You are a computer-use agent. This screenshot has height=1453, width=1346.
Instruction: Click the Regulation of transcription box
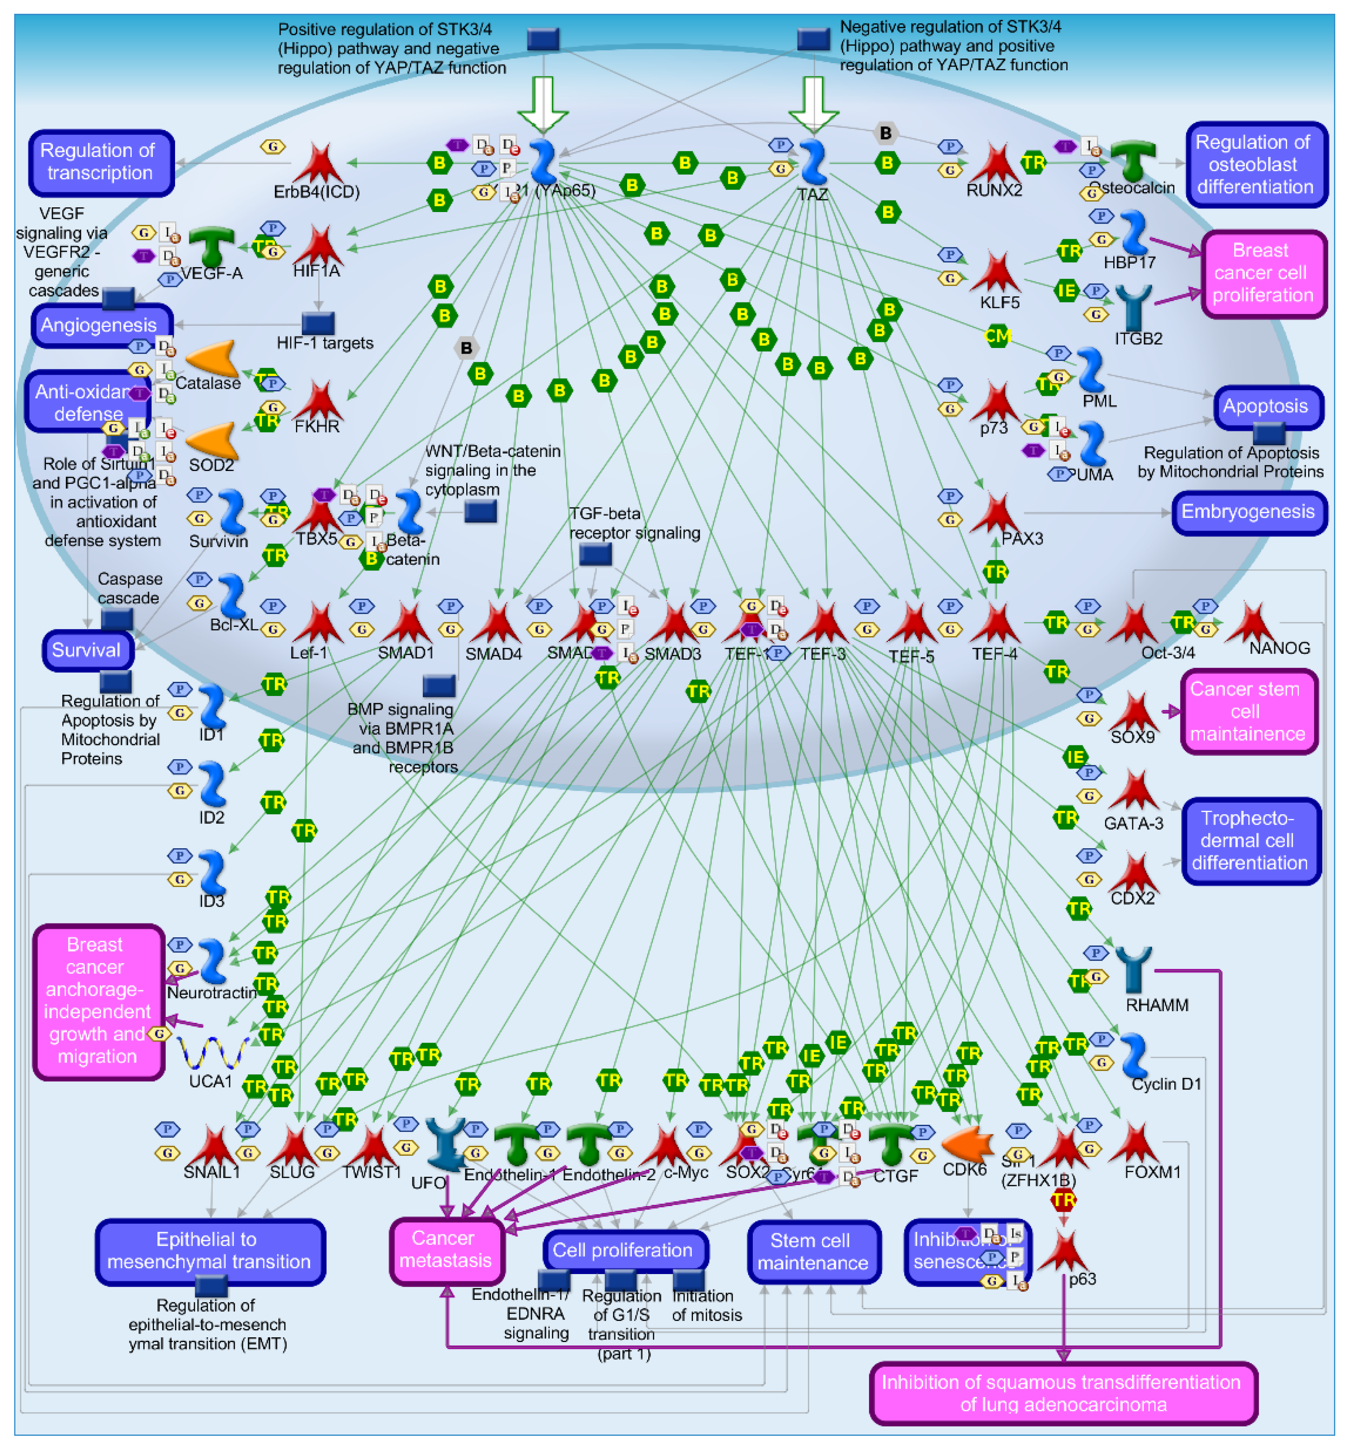[x=101, y=163]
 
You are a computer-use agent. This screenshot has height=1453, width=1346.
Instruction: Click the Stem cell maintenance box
[x=813, y=1252]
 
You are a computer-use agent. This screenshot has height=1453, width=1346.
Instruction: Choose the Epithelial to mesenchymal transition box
[x=210, y=1251]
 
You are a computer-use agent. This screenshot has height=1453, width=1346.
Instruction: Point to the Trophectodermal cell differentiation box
[x=1250, y=841]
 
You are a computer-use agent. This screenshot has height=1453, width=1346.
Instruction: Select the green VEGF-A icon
[x=211, y=246]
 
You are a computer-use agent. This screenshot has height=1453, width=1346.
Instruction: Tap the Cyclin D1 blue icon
[x=1133, y=1055]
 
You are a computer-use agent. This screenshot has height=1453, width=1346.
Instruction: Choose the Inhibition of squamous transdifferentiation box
[x=1063, y=1393]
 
